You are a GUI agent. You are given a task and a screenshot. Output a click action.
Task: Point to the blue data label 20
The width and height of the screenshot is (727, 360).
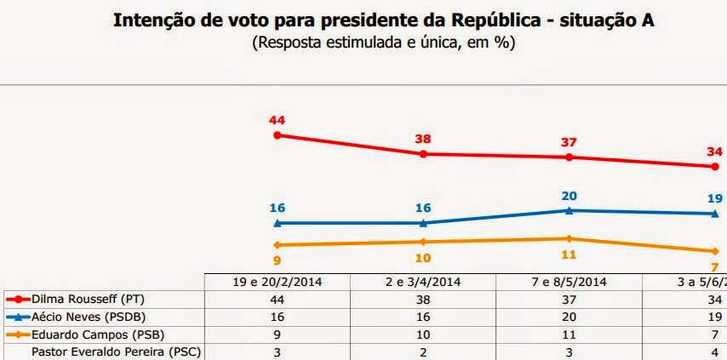point(569,194)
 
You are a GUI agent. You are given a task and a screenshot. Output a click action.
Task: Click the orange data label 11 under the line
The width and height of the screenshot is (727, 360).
point(569,254)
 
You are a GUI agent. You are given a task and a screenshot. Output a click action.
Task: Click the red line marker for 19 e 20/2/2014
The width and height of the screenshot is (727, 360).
point(277,134)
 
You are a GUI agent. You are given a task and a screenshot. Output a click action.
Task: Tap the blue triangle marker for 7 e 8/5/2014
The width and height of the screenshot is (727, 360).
point(569,210)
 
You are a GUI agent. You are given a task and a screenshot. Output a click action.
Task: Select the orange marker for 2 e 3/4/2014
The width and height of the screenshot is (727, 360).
point(423,242)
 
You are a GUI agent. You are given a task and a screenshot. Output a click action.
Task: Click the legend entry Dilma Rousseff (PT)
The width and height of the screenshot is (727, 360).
point(81,300)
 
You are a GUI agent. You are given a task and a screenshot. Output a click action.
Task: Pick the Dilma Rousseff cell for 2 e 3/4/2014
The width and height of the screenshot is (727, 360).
point(423,300)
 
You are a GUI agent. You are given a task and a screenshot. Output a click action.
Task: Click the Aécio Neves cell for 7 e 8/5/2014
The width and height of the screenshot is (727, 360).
point(569,317)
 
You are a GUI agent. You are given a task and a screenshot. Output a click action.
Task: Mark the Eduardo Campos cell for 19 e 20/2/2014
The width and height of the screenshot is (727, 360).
point(277,334)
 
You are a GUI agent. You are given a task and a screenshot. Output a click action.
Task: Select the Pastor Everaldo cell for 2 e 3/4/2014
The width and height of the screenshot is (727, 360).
point(423,351)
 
